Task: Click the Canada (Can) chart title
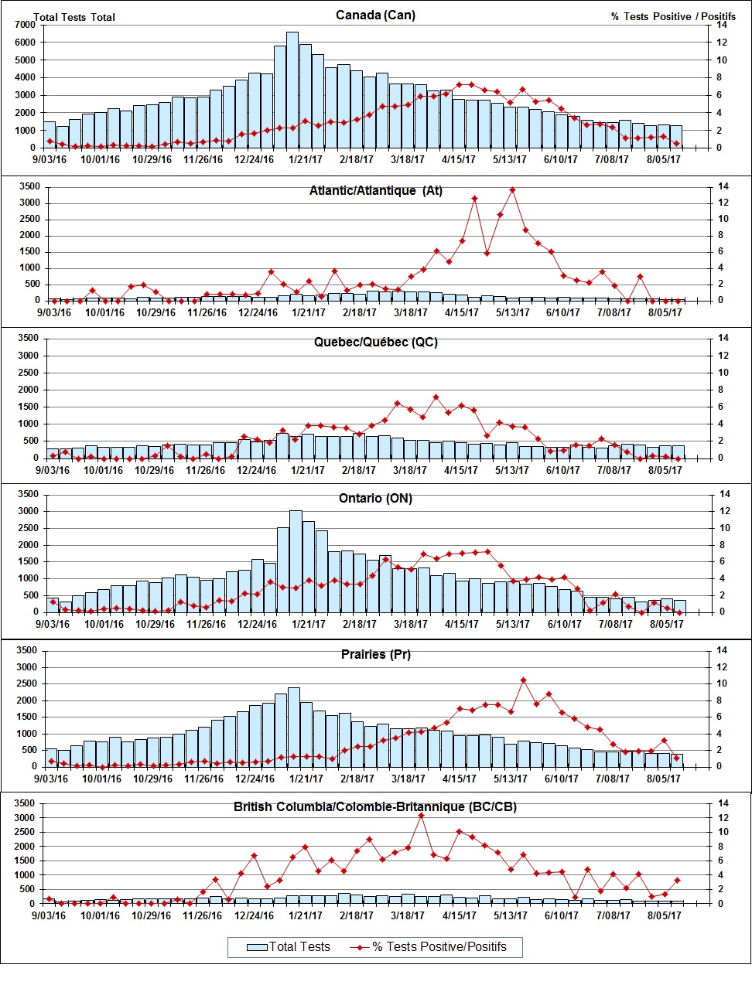(375, 15)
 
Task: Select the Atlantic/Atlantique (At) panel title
(375, 191)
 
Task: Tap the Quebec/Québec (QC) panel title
(375, 343)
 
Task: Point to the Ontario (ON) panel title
(375, 499)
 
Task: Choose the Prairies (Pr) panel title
(375, 655)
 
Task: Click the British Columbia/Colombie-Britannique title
(375, 807)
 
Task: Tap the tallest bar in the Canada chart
(292, 89)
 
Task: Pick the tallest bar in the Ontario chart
(296, 561)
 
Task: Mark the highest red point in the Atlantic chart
(512, 189)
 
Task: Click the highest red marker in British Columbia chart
(421, 815)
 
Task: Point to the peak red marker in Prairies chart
(524, 680)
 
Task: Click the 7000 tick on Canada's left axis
(24, 25)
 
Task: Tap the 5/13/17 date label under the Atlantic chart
(512, 312)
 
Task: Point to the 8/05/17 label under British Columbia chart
(664, 916)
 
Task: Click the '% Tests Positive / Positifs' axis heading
(673, 16)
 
